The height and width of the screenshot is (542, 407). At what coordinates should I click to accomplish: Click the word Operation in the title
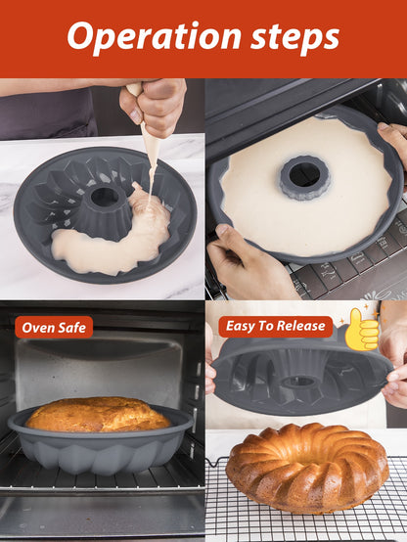pyautogui.click(x=154, y=37)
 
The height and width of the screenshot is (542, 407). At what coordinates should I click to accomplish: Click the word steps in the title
pyautogui.click(x=294, y=38)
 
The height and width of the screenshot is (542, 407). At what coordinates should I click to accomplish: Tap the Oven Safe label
pyautogui.click(x=54, y=328)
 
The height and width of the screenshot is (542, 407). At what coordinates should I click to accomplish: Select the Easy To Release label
pyautogui.click(x=276, y=326)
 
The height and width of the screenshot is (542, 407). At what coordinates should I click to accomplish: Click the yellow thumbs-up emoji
pyautogui.click(x=362, y=330)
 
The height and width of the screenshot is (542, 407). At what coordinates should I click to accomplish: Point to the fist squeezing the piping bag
pyautogui.click(x=155, y=104)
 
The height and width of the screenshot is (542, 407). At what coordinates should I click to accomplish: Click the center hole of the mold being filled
pyautogui.click(x=105, y=197)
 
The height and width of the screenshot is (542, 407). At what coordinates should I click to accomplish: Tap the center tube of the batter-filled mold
pyautogui.click(x=304, y=177)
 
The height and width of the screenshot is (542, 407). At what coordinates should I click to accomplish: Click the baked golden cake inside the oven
pyautogui.click(x=98, y=415)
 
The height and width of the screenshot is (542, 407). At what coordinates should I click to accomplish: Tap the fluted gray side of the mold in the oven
pyautogui.click(x=100, y=455)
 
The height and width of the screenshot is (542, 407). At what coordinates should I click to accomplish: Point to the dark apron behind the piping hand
pyautogui.click(x=48, y=115)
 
